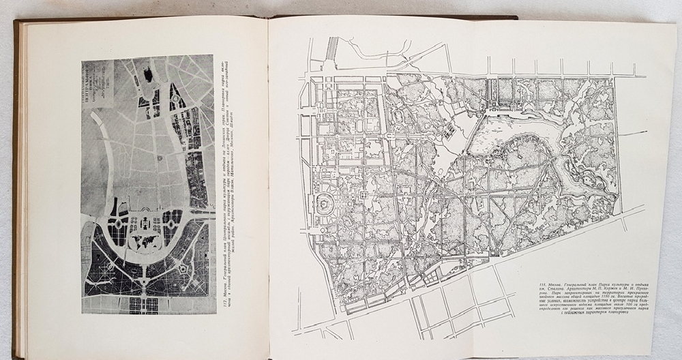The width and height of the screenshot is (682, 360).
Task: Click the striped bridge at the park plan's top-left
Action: [332, 50]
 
